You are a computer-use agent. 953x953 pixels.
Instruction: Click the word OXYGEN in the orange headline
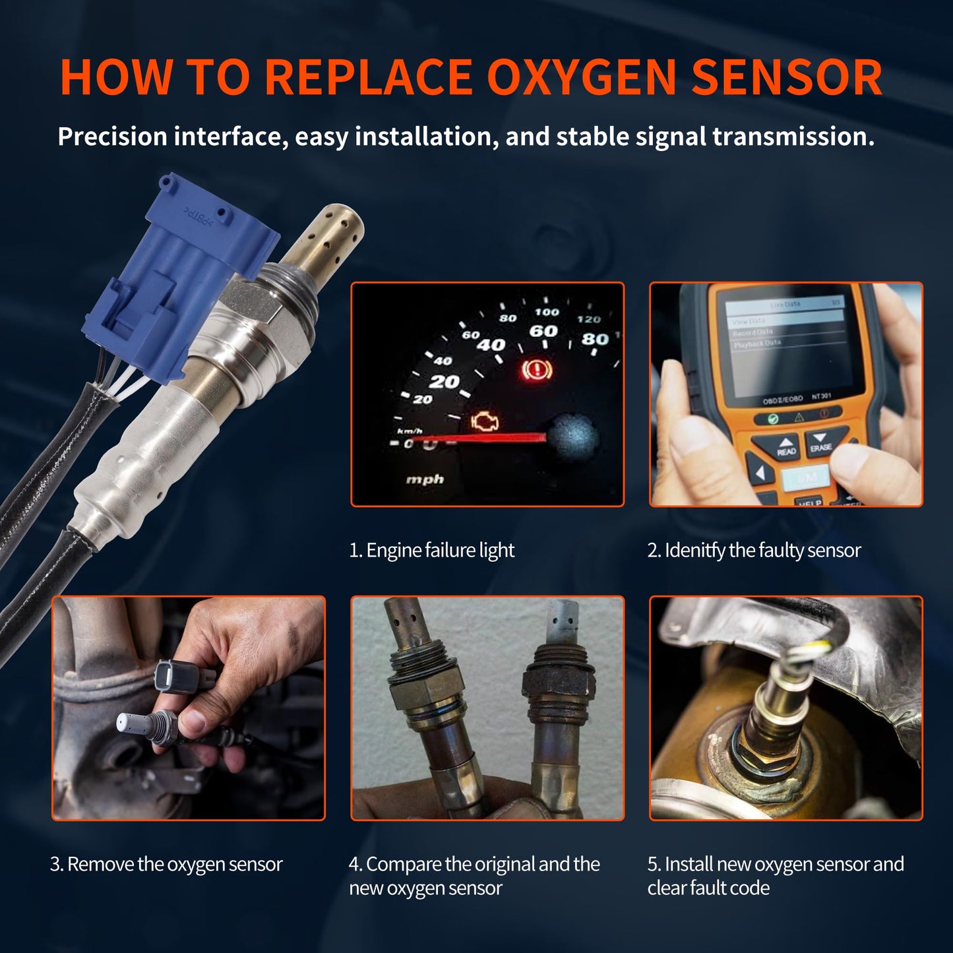(581, 78)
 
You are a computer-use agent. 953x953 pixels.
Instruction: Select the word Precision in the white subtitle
(112, 137)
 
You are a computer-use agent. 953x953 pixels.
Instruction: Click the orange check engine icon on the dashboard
(485, 423)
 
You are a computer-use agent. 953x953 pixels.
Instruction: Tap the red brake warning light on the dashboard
(537, 369)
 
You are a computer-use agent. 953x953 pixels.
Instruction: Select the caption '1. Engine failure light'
(431, 550)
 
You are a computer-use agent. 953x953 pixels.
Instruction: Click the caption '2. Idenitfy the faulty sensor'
(754, 550)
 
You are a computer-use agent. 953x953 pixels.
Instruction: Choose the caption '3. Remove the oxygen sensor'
(166, 864)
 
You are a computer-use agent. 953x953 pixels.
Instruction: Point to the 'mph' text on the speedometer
(425, 479)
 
